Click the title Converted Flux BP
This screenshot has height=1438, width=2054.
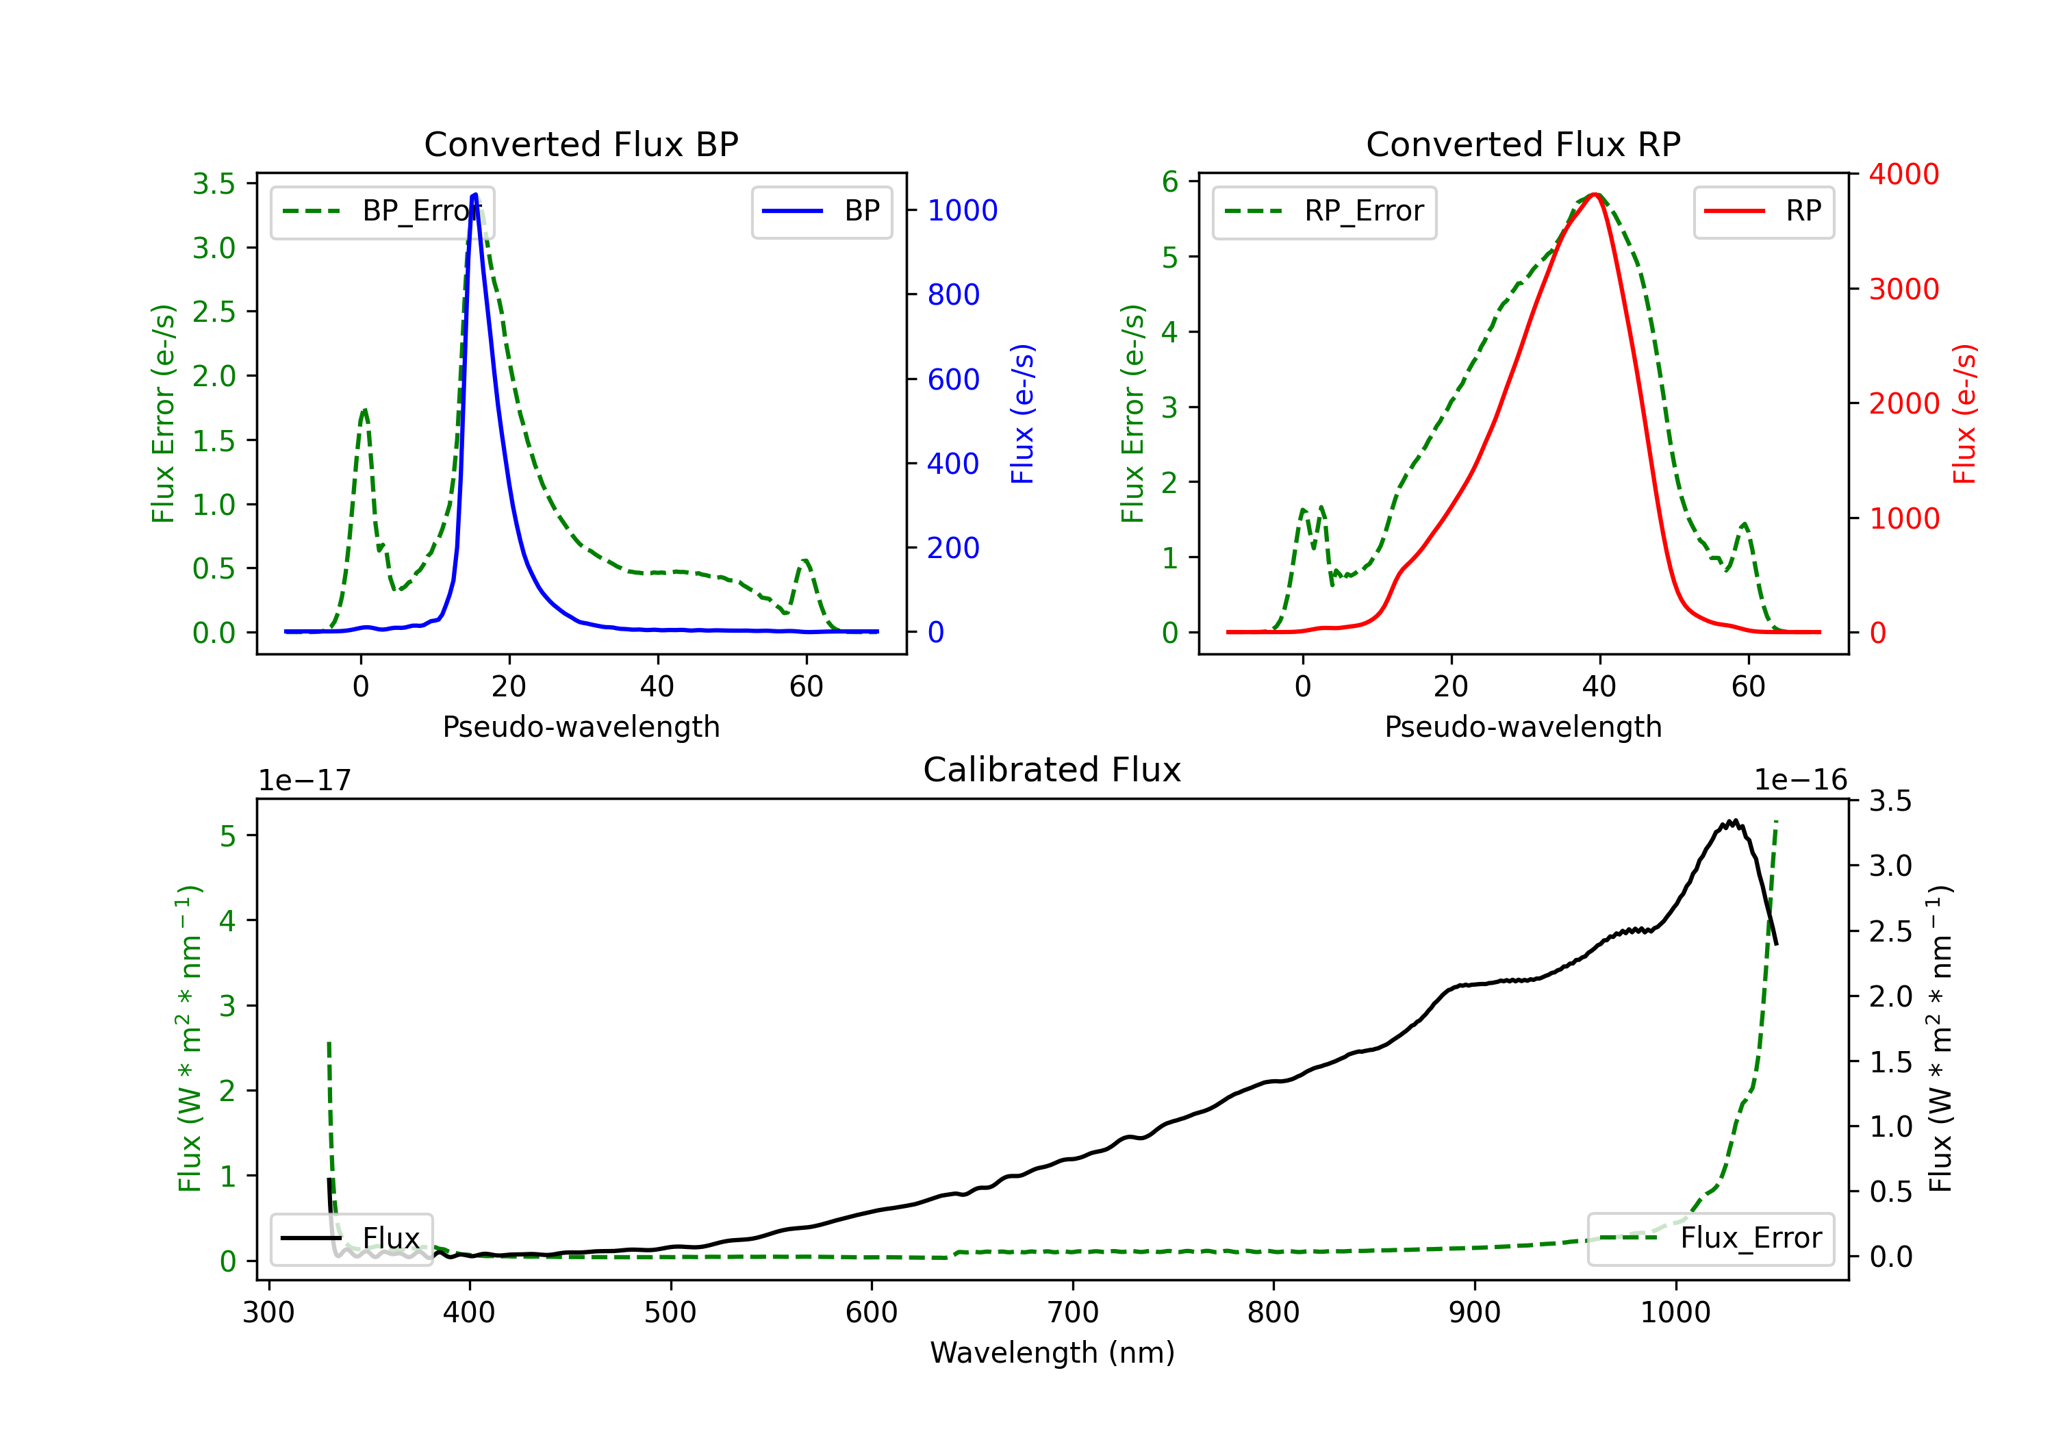click(x=581, y=144)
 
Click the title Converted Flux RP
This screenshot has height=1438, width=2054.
click(x=1523, y=144)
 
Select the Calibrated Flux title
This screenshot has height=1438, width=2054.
click(x=1052, y=770)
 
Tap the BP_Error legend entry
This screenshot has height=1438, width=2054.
click(x=382, y=211)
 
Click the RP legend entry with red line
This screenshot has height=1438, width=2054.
click(x=1763, y=211)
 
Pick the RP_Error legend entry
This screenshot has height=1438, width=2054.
click(x=1324, y=211)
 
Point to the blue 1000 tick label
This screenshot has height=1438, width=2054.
click(x=963, y=210)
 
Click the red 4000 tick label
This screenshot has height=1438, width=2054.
click(x=1905, y=174)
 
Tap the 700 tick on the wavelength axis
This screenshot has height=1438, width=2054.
click(x=1073, y=1312)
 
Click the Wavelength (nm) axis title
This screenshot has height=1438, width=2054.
click(x=1052, y=1352)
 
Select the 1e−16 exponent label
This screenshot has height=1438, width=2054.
click(x=1800, y=781)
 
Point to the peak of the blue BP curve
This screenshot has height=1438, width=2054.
click(x=475, y=194)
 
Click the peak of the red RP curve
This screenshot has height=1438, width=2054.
click(x=1595, y=194)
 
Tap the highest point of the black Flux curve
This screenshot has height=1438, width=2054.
click(x=1735, y=820)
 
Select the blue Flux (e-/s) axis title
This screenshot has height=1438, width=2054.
click(x=1022, y=414)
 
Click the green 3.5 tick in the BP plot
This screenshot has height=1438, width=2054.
click(x=214, y=184)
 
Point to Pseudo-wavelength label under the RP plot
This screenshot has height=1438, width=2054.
click(x=1523, y=727)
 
